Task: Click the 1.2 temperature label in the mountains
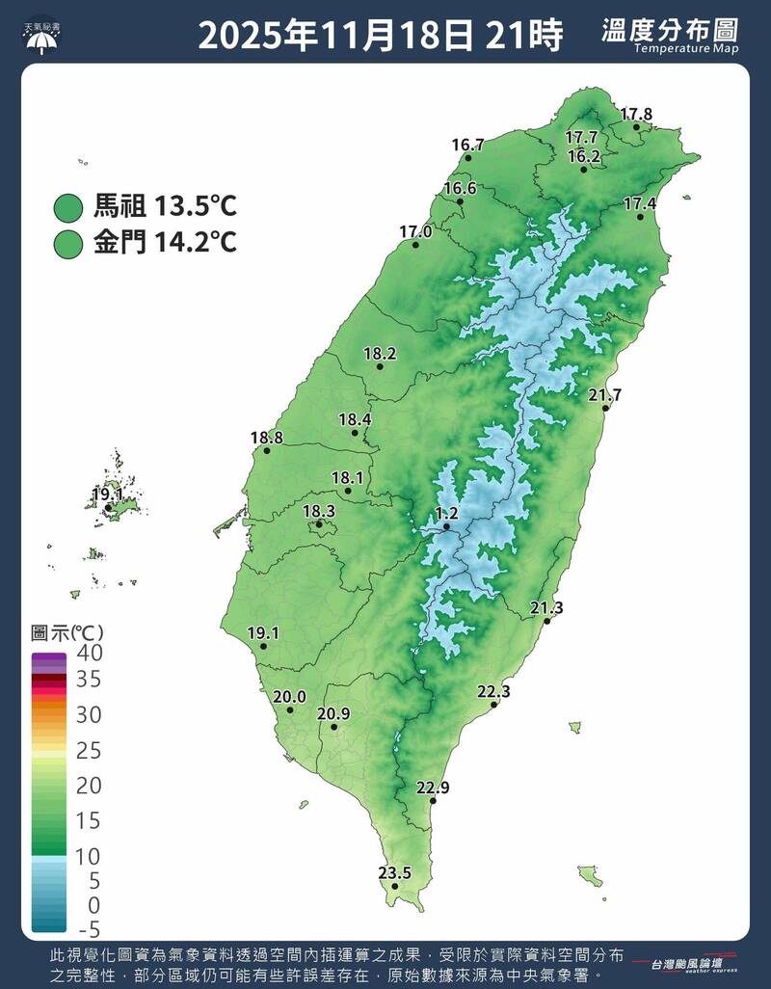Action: click(446, 513)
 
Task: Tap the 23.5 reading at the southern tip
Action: click(394, 873)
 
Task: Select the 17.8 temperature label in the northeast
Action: click(636, 114)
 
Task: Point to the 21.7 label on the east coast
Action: click(605, 395)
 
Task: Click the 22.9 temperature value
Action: click(433, 788)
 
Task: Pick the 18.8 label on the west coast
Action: click(267, 438)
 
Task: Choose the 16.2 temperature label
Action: click(584, 155)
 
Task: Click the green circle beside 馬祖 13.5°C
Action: click(68, 206)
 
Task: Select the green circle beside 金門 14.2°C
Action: click(68, 243)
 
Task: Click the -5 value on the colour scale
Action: click(89, 929)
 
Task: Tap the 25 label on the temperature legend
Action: click(89, 750)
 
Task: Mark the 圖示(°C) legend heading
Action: click(67, 633)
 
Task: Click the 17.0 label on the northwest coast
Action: click(415, 231)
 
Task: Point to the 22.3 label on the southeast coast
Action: click(493, 692)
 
